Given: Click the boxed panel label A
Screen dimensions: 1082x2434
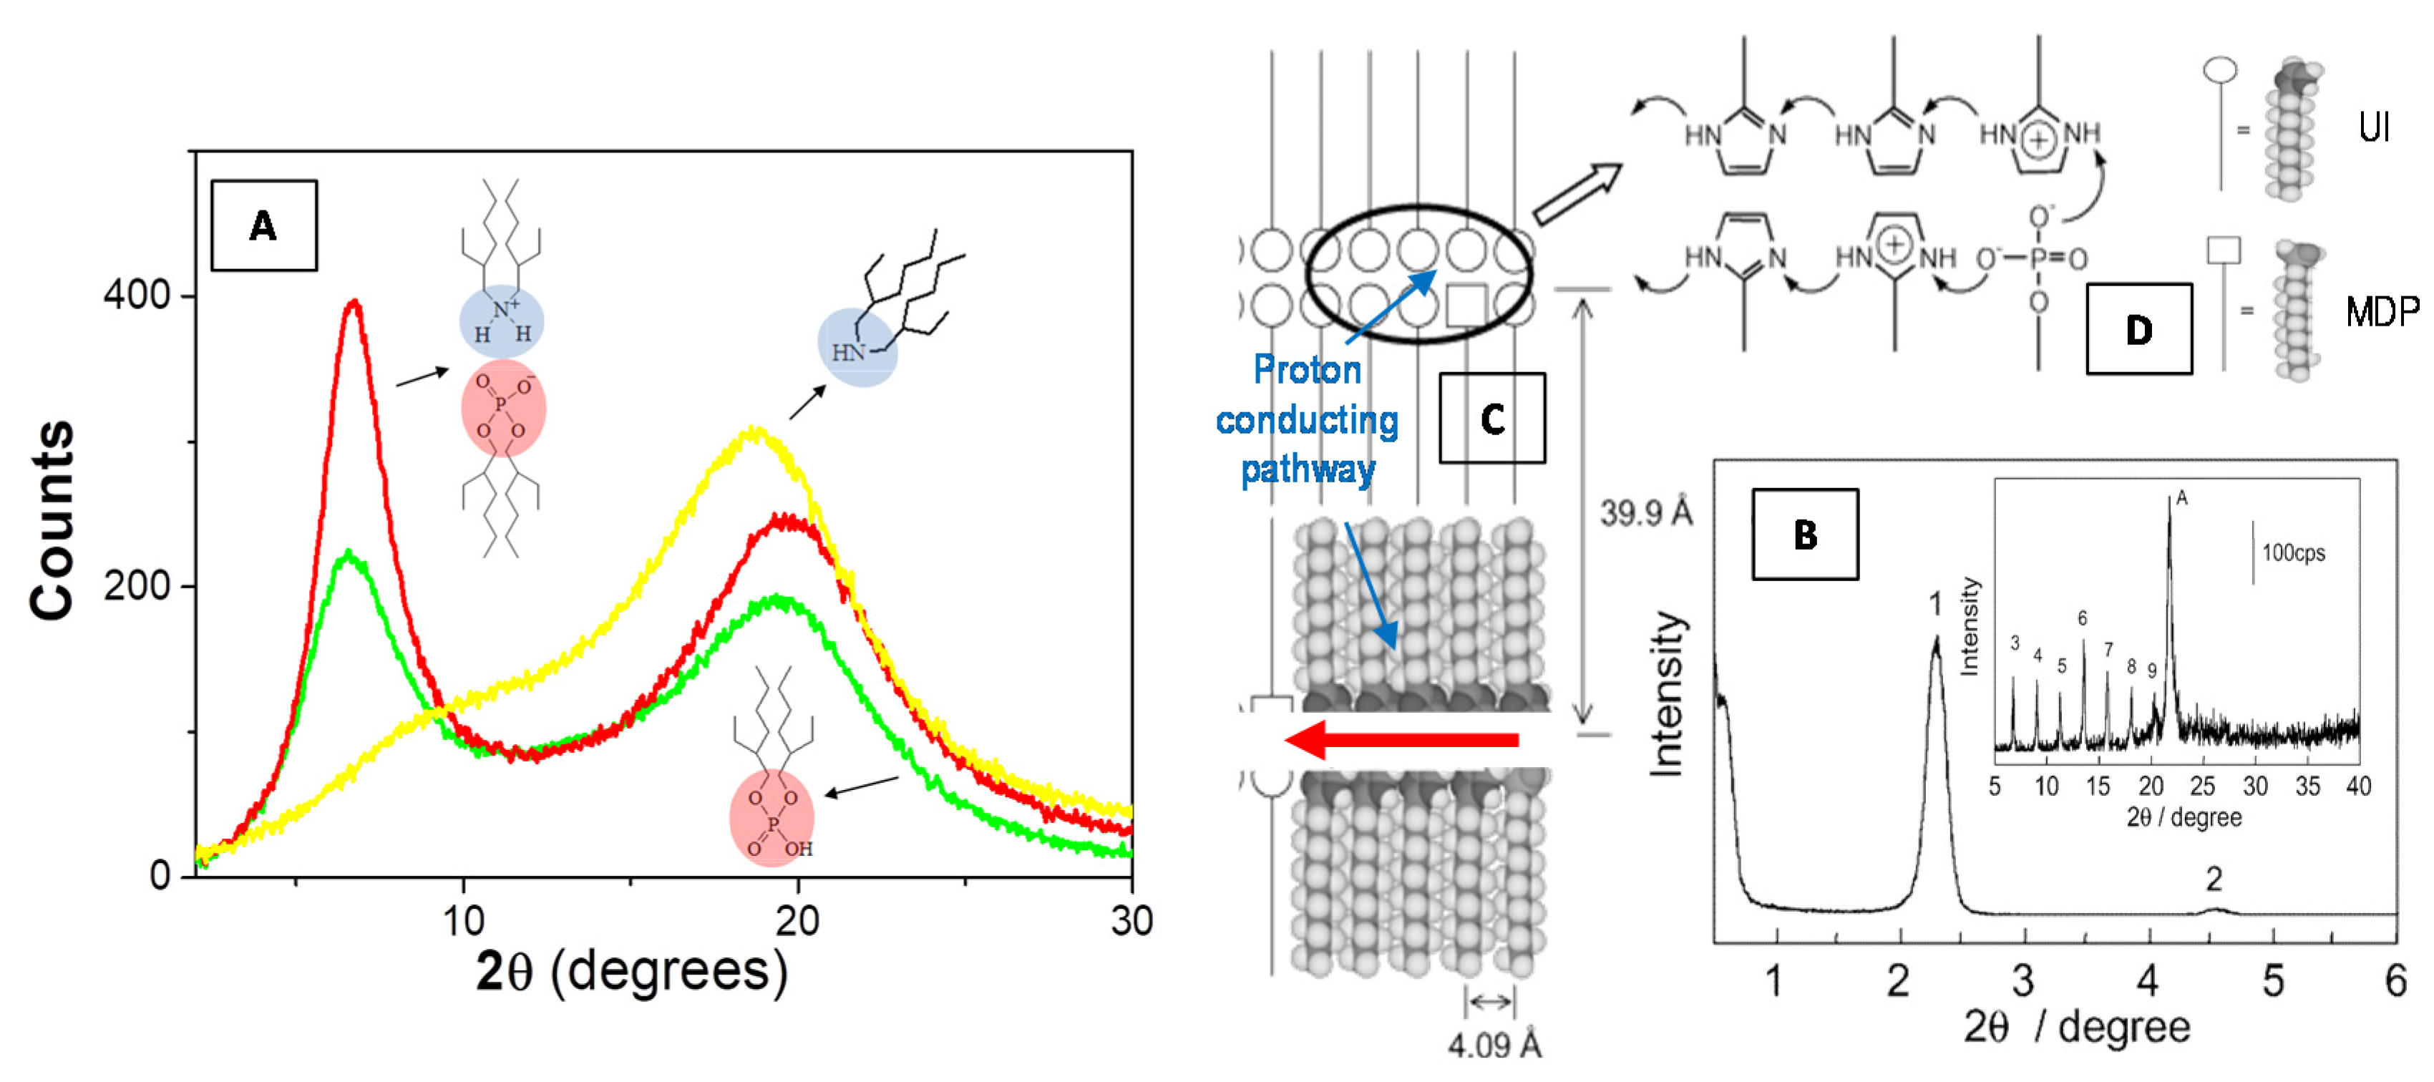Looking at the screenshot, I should [263, 226].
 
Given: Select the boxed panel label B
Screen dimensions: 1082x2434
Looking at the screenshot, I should [1805, 535].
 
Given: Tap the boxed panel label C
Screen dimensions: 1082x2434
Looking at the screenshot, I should [1492, 419].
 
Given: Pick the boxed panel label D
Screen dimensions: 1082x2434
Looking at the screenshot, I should [2138, 330].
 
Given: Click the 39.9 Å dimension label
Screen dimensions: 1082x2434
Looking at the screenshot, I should [1646, 513].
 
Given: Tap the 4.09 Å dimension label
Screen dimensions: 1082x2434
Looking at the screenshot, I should [1494, 1045].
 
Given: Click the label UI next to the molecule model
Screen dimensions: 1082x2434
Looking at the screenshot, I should [2375, 127].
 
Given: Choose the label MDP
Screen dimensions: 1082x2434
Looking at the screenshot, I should [2382, 311].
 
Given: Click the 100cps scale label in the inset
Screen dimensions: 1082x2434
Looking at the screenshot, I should [2293, 553].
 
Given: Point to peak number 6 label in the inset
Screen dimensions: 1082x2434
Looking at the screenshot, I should [2083, 618].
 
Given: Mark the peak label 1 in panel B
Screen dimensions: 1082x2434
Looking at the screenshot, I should [1935, 603].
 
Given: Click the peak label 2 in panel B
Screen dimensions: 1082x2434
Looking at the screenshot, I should [2214, 879].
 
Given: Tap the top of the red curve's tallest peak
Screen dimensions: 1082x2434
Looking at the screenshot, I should [354, 303].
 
